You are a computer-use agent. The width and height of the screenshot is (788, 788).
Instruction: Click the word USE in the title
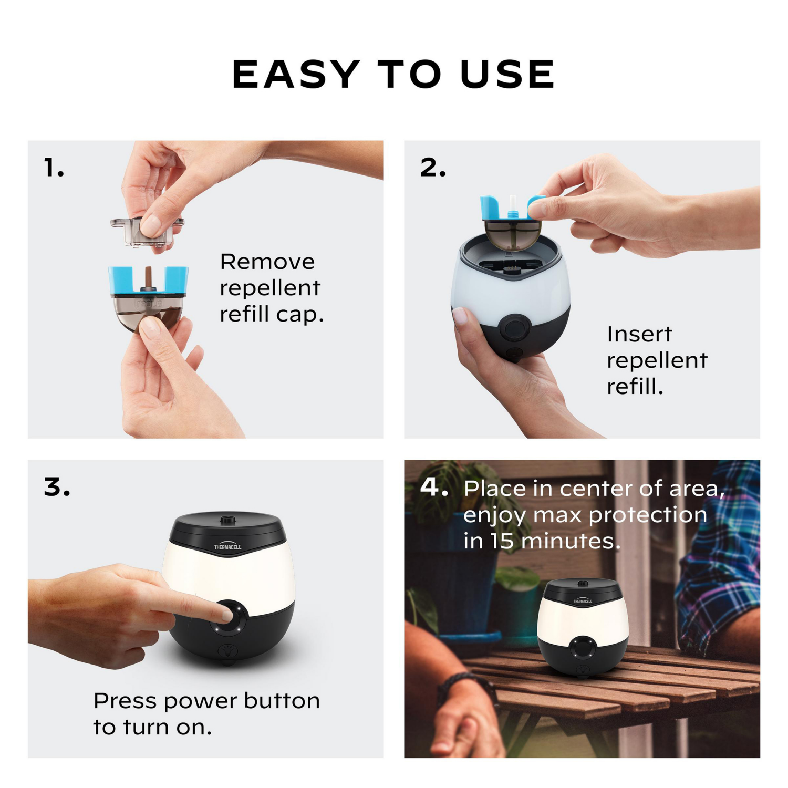[507, 74]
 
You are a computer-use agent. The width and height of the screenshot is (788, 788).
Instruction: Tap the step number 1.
[54, 168]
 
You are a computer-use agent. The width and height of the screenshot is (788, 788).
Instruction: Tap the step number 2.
[433, 168]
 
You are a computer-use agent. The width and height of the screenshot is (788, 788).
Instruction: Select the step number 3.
[57, 487]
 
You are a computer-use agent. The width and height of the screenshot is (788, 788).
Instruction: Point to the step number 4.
[434, 487]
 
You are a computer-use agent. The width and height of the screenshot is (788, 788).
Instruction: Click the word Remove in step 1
[267, 262]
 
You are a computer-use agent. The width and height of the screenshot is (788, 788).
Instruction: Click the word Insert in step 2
[639, 334]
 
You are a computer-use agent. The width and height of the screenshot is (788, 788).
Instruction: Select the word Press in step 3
[125, 701]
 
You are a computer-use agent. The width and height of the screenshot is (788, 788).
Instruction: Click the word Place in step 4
[495, 489]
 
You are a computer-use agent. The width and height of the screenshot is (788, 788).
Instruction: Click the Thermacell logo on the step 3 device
[227, 546]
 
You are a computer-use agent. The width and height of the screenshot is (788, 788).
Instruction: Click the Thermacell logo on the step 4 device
[583, 600]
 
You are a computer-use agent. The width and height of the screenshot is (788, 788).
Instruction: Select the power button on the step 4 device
[583, 647]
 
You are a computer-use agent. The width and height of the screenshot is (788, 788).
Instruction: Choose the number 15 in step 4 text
[502, 541]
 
